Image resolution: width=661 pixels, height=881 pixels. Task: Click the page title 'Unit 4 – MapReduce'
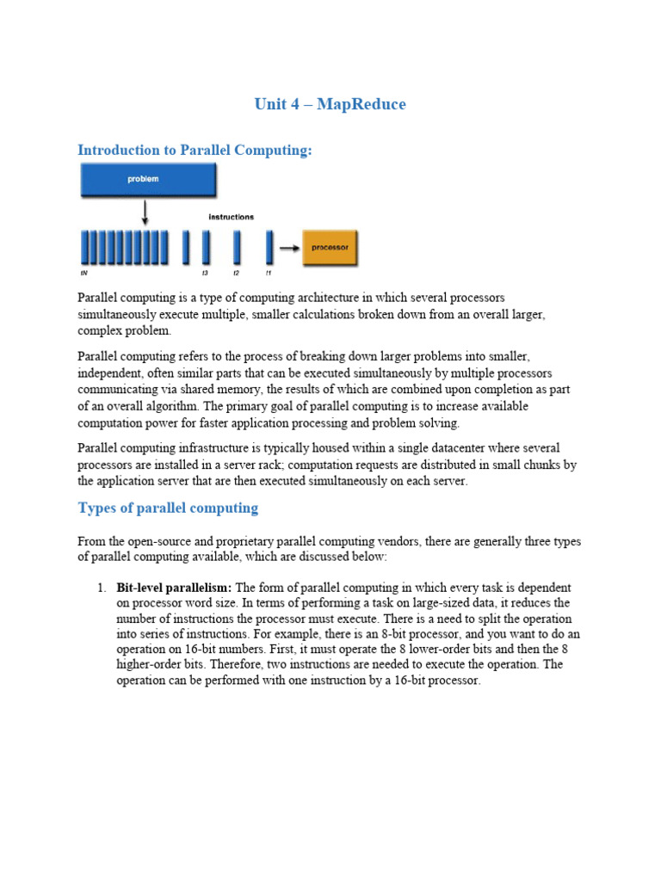click(330, 104)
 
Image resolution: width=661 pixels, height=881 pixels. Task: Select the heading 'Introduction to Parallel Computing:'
click(195, 150)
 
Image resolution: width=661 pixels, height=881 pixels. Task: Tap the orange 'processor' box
click(330, 247)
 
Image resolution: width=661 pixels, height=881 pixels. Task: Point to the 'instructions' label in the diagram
click(231, 217)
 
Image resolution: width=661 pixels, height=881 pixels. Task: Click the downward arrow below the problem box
click(145, 212)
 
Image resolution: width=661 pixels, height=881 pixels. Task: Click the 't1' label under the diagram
click(269, 273)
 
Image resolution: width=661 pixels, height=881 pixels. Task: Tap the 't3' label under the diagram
click(205, 273)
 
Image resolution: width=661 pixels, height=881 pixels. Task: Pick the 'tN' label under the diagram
click(83, 273)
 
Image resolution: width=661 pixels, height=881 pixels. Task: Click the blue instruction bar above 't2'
click(237, 247)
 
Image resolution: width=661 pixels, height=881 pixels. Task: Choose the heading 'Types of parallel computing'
click(168, 508)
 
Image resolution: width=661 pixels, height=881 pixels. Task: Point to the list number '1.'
click(102, 588)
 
